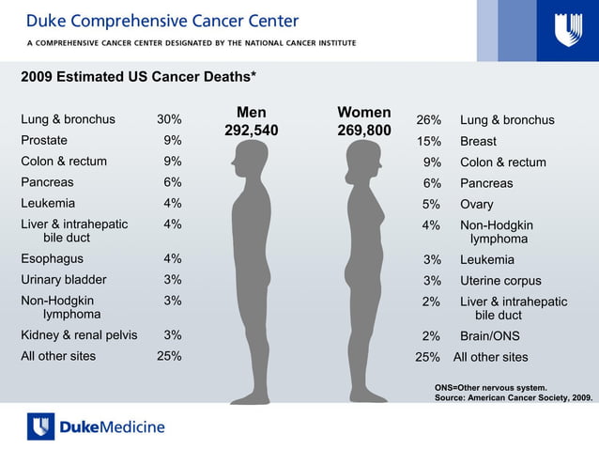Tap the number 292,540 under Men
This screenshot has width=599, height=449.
click(x=251, y=131)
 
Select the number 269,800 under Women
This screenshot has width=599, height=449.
click(x=363, y=131)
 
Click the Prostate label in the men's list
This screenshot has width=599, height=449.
click(x=43, y=140)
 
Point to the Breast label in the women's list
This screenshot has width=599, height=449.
click(x=478, y=141)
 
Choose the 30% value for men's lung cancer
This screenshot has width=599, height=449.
click(x=169, y=119)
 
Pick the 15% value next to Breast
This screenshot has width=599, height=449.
click(x=429, y=141)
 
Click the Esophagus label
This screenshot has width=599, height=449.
click(x=52, y=258)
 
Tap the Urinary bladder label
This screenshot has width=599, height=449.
click(x=64, y=279)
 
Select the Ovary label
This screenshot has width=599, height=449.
click(x=476, y=204)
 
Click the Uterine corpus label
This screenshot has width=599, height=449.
click(x=500, y=280)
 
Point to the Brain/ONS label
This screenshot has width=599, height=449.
click(x=489, y=335)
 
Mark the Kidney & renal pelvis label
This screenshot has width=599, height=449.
click(x=79, y=334)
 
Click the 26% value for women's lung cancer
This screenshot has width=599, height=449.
click(x=429, y=120)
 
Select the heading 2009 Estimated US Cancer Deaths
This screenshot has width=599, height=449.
click(x=139, y=77)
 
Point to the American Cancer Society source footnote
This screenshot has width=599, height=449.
click(x=514, y=397)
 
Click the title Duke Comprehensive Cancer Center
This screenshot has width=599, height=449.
click(x=162, y=21)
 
